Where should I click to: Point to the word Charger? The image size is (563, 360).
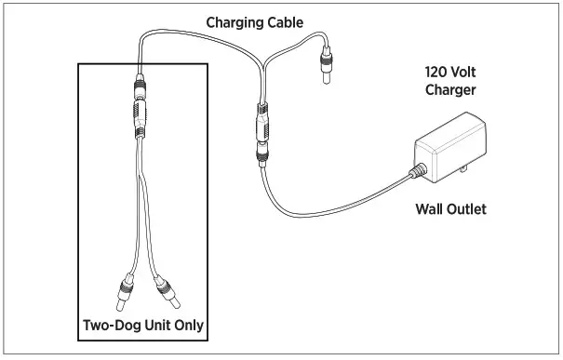[450, 92]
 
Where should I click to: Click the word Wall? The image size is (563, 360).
[432, 209]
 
